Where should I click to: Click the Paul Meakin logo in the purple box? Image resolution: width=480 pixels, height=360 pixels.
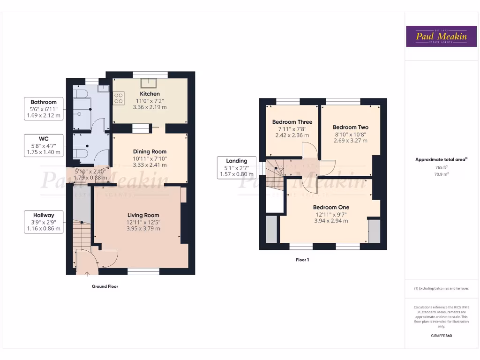pyautogui.click(x=441, y=36)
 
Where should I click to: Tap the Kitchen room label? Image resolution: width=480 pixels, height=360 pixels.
pyautogui.click(x=150, y=94)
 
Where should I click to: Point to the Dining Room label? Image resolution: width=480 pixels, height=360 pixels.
pyautogui.click(x=150, y=151)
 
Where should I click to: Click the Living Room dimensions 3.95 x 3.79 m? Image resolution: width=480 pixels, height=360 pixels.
pyautogui.click(x=143, y=229)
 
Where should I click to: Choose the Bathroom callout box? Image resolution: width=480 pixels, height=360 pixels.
pyautogui.click(x=44, y=109)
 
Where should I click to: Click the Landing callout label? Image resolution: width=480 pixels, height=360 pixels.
pyautogui.click(x=237, y=161)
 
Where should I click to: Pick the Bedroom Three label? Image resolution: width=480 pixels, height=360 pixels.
pyautogui.click(x=292, y=122)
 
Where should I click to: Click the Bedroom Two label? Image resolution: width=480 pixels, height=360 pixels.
pyautogui.click(x=351, y=127)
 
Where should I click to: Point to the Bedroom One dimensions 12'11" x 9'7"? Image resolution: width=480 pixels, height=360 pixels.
pyautogui.click(x=331, y=214)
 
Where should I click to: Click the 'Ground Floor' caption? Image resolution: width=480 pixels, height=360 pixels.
pyautogui.click(x=105, y=286)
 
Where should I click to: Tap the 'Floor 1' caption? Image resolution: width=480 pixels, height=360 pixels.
pyautogui.click(x=302, y=260)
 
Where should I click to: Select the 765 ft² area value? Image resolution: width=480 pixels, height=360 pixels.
pyautogui.click(x=441, y=167)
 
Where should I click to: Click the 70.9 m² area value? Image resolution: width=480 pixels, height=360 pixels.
pyautogui.click(x=441, y=174)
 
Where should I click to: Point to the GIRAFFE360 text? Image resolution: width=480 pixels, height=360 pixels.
pyautogui.click(x=441, y=336)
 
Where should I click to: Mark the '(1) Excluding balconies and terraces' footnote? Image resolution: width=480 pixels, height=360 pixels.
pyautogui.click(x=441, y=288)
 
